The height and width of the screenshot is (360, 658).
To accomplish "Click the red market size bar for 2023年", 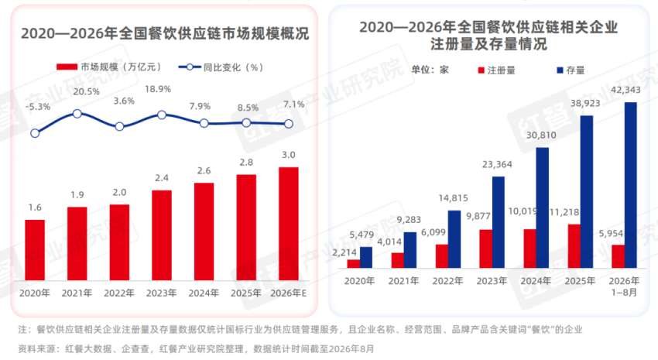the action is (162, 235).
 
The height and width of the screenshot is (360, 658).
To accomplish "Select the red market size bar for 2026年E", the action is (289, 224).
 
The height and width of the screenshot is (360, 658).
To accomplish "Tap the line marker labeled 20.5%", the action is (77, 114).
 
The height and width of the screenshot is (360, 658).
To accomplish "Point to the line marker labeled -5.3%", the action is (35, 133).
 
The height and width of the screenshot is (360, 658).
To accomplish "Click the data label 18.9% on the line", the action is (158, 89).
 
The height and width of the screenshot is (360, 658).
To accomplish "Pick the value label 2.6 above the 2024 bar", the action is (204, 171).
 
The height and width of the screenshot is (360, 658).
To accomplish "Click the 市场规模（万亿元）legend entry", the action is (108, 67).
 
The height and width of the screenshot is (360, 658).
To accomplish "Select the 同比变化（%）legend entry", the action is (221, 67).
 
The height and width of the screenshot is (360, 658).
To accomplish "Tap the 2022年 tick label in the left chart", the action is (119, 293).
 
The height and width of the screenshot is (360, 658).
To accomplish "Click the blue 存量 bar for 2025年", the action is (587, 192).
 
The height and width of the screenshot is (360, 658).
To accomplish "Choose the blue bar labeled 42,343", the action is (631, 185).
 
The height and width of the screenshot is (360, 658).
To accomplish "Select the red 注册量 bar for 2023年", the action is (486, 249).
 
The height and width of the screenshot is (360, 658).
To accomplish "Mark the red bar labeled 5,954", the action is (619, 256).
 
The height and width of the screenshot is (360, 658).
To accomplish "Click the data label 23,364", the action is (497, 164).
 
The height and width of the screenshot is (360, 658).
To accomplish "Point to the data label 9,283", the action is (409, 220).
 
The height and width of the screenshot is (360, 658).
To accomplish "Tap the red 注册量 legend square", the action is (482, 70).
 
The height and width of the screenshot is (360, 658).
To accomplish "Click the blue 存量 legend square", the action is (560, 70).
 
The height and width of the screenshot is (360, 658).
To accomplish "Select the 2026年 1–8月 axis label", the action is (624, 286).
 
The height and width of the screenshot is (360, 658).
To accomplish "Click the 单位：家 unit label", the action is (430, 70).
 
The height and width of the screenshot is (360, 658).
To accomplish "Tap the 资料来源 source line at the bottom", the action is (196, 348).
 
